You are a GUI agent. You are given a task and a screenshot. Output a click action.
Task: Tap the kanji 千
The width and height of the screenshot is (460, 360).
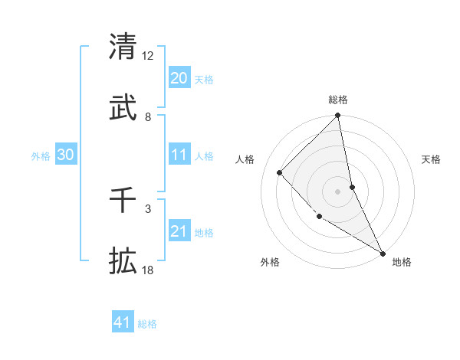pyautogui.click(x=123, y=198)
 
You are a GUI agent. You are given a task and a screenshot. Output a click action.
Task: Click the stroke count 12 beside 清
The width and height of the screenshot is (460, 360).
pyautogui.click(x=148, y=55)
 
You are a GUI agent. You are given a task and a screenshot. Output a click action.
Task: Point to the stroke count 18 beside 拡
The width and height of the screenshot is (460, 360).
pyautogui.click(x=148, y=271)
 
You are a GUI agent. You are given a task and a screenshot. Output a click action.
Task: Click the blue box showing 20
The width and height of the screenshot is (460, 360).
pyautogui.click(x=179, y=78)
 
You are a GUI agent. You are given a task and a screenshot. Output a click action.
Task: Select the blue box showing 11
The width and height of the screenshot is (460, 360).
pyautogui.click(x=179, y=155)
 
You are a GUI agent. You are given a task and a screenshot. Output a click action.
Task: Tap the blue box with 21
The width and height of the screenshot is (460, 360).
pyautogui.click(x=179, y=231)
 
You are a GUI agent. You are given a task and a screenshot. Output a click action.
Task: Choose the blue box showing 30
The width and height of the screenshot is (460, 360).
pyautogui.click(x=66, y=155)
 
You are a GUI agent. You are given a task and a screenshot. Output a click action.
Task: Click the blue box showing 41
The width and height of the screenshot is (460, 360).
pyautogui.click(x=123, y=322)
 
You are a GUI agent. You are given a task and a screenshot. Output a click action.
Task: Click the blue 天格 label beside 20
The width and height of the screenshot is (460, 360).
pyautogui.click(x=204, y=80)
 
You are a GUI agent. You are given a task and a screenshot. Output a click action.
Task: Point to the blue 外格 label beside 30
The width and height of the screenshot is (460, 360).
pyautogui.click(x=41, y=156)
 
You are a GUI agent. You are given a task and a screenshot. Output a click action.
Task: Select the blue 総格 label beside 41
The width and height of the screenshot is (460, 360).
pyautogui.click(x=147, y=324)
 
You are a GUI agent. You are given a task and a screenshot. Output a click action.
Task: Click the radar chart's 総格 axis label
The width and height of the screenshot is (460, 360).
pyautogui.click(x=338, y=100)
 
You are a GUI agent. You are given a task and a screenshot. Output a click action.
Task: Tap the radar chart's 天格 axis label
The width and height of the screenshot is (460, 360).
pyautogui.click(x=431, y=159)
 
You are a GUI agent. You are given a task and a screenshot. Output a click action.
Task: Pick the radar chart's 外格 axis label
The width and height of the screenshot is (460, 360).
pyautogui.click(x=270, y=262)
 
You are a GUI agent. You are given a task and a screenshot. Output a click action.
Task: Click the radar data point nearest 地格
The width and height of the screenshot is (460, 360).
pyautogui.click(x=383, y=253)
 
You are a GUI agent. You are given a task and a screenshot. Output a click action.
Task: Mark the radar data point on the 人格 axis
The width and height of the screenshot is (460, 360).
pyautogui.click(x=280, y=172)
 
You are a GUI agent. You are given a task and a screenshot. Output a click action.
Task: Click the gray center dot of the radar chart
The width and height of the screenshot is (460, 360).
pyautogui.click(x=338, y=191)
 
